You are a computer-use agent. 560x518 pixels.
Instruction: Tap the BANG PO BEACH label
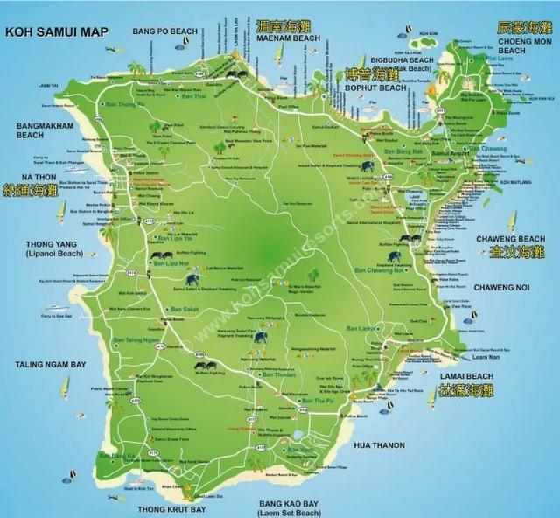pyautogui.click(x=167, y=31)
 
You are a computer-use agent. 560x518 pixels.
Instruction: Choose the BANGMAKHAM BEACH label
pyautogui.click(x=42, y=130)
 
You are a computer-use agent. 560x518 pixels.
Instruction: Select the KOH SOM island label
pyautogui.click(x=427, y=33)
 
